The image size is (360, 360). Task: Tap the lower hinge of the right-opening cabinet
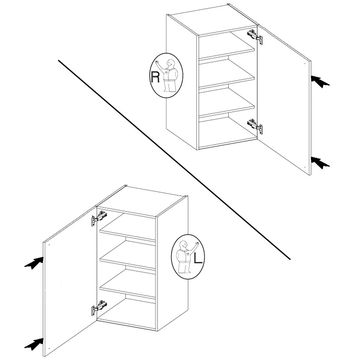click(255, 126)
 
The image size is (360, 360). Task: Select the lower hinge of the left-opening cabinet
click(99, 308)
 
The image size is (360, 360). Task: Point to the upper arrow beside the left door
click(34, 263)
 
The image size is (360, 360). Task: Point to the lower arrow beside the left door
click(34, 344)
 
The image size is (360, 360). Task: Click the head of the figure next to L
click(183, 245)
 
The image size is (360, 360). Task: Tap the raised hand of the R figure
click(157, 62)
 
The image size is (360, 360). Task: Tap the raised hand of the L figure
click(196, 243)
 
